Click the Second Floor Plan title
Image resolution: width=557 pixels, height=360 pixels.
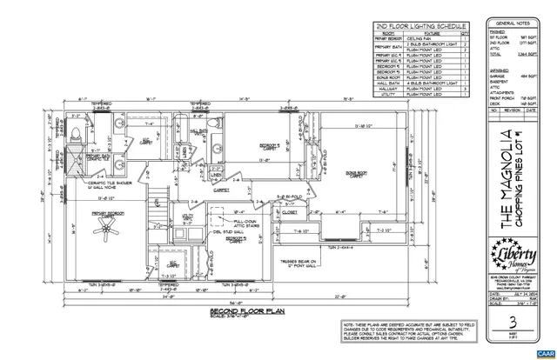coord(241,310)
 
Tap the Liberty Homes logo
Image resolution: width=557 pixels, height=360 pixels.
coord(514,257)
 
